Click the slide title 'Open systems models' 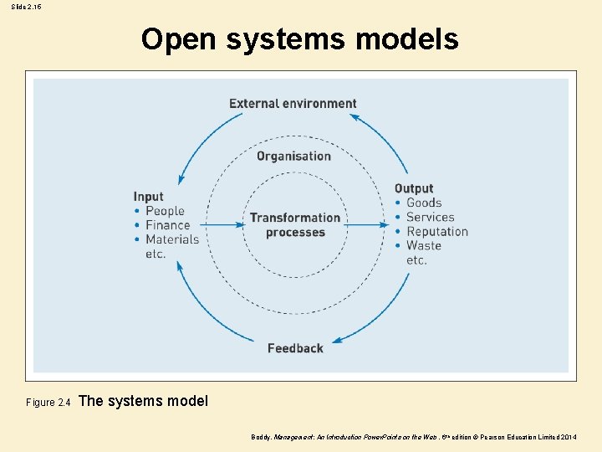[299, 39]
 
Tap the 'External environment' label [293, 104]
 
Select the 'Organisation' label [293, 156]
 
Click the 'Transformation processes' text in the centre [295, 224]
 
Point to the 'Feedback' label [295, 348]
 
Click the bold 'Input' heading [148, 197]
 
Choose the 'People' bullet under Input [165, 211]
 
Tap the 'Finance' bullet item [168, 225]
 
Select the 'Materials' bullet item [172, 239]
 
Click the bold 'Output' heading [414, 188]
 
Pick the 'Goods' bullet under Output [424, 203]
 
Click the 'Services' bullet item [430, 217]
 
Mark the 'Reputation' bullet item [437, 231]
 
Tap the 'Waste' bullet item [424, 245]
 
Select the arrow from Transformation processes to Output [368, 224]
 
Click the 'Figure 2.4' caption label [48, 403]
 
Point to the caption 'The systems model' [143, 401]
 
